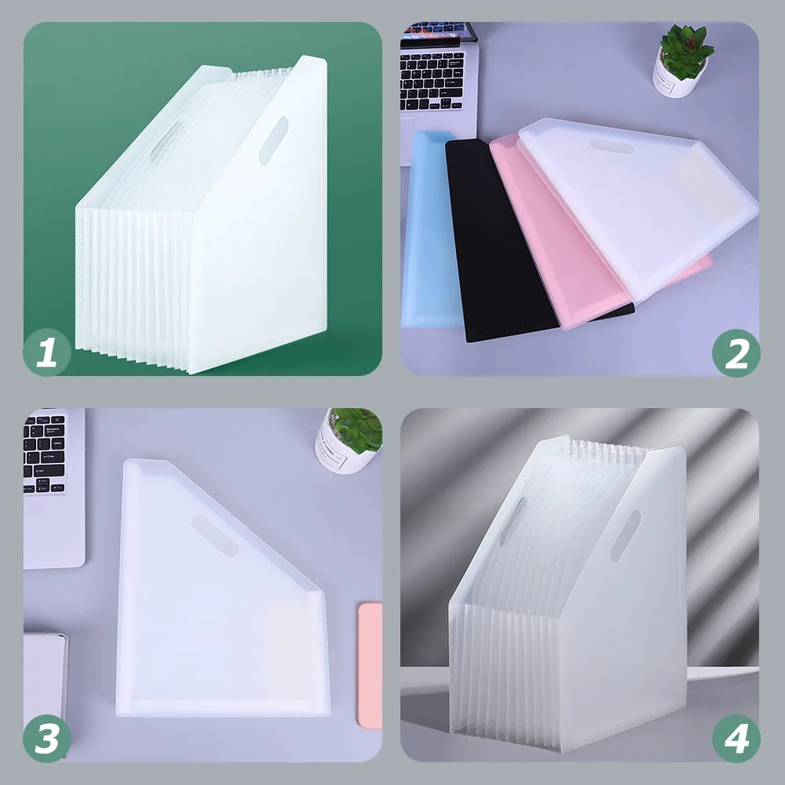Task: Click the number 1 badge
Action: click(x=47, y=352)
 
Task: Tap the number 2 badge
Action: click(x=736, y=353)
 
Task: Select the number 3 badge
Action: click(x=47, y=739)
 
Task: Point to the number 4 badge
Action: click(x=736, y=739)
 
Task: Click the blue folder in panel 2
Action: click(x=429, y=230)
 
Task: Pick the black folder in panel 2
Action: click(x=501, y=241)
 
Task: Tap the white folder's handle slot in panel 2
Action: click(x=612, y=147)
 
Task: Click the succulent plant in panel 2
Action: click(x=686, y=50)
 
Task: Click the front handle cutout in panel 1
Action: click(x=273, y=140)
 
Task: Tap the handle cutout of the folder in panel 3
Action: click(x=215, y=536)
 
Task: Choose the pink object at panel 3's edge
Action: click(x=371, y=665)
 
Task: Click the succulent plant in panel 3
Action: click(x=357, y=429)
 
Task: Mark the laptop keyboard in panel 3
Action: click(x=44, y=453)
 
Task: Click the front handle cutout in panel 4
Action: click(x=626, y=535)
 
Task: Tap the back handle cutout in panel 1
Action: click(x=165, y=139)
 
